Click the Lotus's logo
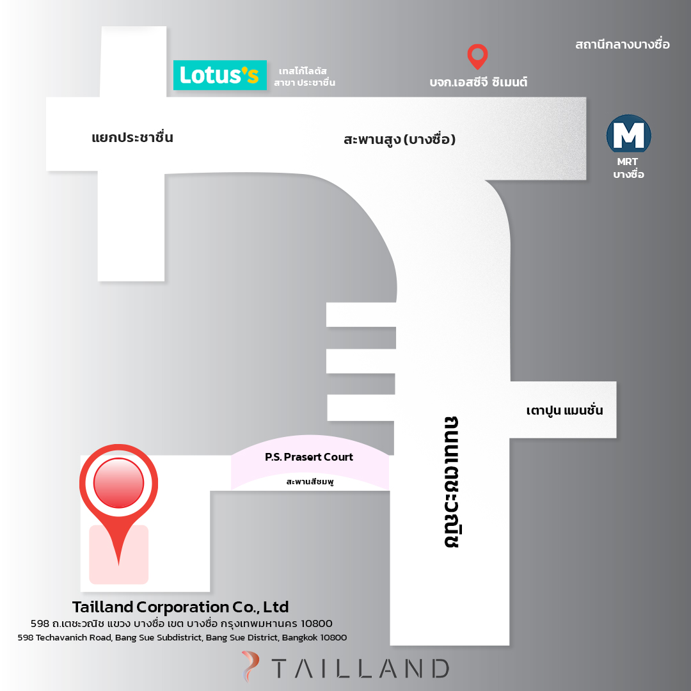(220, 75)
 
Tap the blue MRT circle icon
(628, 135)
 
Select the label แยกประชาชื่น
(132, 138)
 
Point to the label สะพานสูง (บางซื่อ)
(399, 139)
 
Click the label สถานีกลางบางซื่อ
(623, 44)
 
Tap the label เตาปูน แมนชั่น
(564, 410)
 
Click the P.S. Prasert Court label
(309, 457)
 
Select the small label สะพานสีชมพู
(310, 482)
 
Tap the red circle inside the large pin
(118, 482)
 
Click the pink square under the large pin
(118, 554)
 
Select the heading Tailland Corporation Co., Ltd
(180, 607)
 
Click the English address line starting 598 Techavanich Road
(182, 637)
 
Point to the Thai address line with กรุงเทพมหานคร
(182, 624)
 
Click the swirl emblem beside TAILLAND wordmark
(250, 666)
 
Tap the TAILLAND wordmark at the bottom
(360, 668)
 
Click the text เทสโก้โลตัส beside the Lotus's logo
(303, 71)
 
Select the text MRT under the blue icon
(628, 162)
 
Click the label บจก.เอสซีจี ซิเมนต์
(478, 82)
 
